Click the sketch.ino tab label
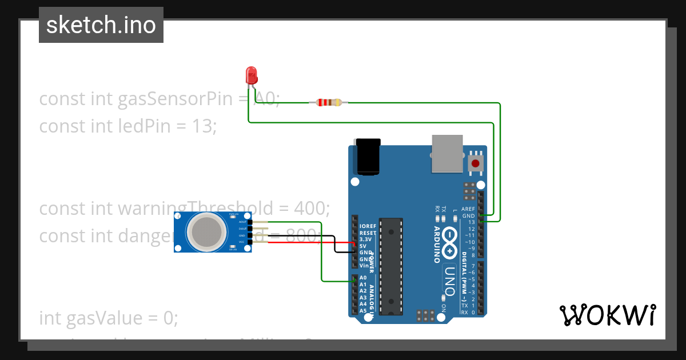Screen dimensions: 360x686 [x=101, y=25]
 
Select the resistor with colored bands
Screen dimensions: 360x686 [x=328, y=103]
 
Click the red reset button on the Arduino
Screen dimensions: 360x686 [x=475, y=163]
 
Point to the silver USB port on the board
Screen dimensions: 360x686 [x=447, y=153]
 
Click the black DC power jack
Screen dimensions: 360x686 [x=368, y=156]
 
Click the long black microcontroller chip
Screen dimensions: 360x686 [x=392, y=266]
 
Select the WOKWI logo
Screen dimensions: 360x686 [x=607, y=315]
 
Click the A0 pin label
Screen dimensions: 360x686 [x=363, y=278]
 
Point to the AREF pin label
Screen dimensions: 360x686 [x=468, y=209]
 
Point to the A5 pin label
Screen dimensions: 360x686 [x=363, y=311]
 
